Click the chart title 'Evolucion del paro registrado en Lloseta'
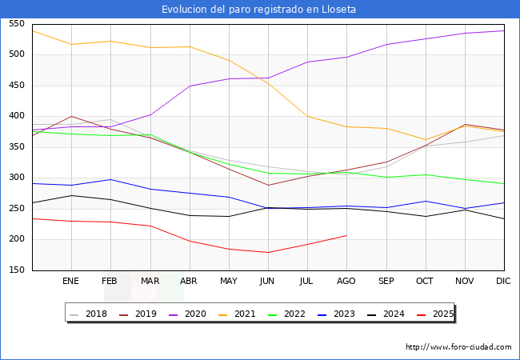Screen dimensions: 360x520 click(x=259, y=10)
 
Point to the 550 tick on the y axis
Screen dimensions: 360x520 click(x=16, y=24)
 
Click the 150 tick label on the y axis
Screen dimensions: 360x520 click(x=16, y=270)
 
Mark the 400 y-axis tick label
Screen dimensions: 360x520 click(x=16, y=116)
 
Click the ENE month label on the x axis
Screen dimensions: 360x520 click(x=71, y=281)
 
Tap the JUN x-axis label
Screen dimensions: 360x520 click(x=268, y=281)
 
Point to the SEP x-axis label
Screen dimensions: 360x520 click(x=386, y=281)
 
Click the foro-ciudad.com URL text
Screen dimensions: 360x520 click(x=458, y=347)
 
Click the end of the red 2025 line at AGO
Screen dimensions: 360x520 click(x=346, y=235)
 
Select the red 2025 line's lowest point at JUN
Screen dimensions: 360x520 click(x=268, y=252)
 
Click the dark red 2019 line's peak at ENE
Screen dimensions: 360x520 click(x=71, y=116)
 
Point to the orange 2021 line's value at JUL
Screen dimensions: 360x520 click(x=307, y=116)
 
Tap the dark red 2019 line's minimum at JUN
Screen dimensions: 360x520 click(x=268, y=185)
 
